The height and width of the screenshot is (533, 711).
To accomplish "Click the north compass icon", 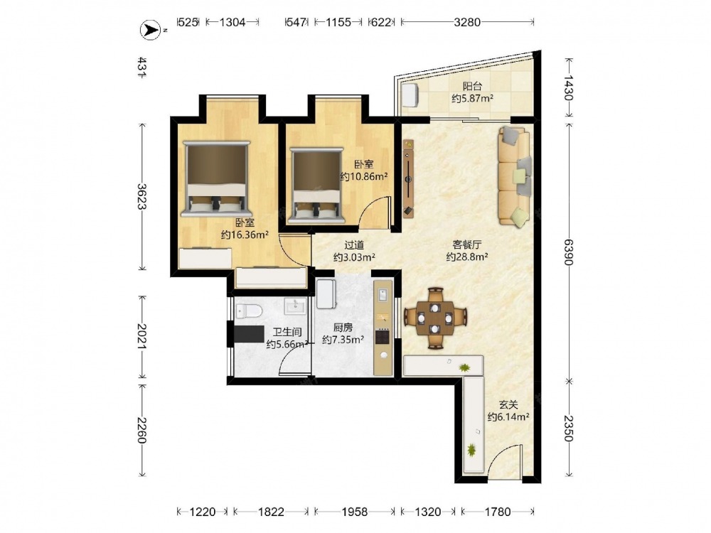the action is tap(151, 31).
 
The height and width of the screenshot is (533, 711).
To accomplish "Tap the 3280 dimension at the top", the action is tap(467, 22).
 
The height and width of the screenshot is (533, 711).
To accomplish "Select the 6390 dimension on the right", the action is tap(569, 252).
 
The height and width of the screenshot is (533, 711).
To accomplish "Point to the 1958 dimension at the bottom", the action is tap(355, 512).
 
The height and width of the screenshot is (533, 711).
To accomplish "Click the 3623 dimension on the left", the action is tap(142, 196).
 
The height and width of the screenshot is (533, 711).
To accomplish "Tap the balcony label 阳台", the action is tap(472, 86).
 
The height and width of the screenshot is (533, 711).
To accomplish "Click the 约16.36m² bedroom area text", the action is tap(245, 235).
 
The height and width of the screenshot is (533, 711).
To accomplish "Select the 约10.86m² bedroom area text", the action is tap(364, 176).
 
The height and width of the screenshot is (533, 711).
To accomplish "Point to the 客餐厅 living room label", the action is tap(466, 244).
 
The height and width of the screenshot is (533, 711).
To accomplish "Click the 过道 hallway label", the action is tap(353, 245).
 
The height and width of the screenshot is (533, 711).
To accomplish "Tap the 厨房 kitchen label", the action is tap(343, 327).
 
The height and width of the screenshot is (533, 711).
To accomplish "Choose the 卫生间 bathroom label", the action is tap(287, 332).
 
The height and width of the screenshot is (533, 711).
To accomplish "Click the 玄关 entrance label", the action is tap(508, 404).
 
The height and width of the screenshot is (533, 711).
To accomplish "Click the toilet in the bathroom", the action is tap(249, 311).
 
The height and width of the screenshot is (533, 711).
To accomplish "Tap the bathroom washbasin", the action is tap(296, 306).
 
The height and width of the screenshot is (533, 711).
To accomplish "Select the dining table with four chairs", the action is tap(435, 318).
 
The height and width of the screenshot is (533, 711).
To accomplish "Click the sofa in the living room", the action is tap(515, 176).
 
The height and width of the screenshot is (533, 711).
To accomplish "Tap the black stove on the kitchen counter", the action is tap(383, 337).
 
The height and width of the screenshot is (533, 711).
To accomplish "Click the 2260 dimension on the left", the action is tap(142, 430).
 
